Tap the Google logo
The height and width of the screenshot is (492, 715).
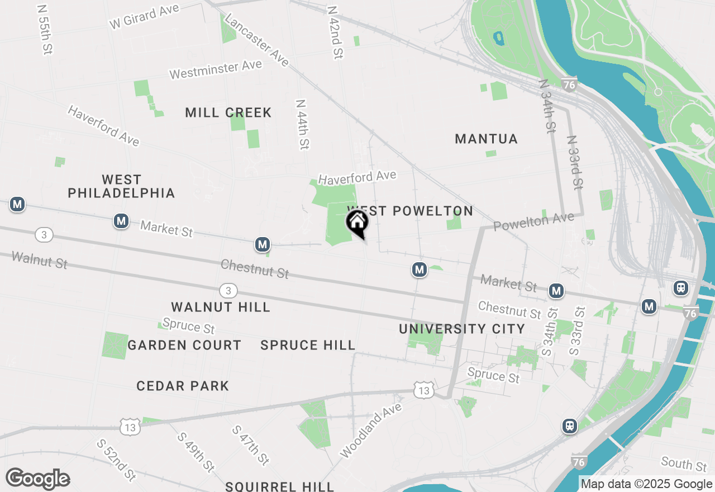(37, 479)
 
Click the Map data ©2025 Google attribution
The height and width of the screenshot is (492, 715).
(646, 484)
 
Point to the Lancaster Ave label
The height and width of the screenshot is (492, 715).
(256, 41)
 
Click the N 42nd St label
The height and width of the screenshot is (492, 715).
(335, 33)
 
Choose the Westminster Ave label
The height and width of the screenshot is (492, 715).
(216, 69)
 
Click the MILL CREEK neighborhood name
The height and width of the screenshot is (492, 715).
(228, 113)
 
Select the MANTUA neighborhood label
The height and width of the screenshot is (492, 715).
(487, 139)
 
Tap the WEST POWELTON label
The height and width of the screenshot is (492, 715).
(411, 211)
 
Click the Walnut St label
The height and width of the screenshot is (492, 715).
(39, 260)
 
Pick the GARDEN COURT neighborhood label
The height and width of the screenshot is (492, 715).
(184, 345)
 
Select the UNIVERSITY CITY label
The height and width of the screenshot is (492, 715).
(462, 329)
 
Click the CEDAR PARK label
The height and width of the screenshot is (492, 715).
(183, 386)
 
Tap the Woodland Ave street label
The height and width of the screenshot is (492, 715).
(370, 429)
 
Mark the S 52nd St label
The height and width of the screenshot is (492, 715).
(116, 460)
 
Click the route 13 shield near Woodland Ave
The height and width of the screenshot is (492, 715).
(424, 391)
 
